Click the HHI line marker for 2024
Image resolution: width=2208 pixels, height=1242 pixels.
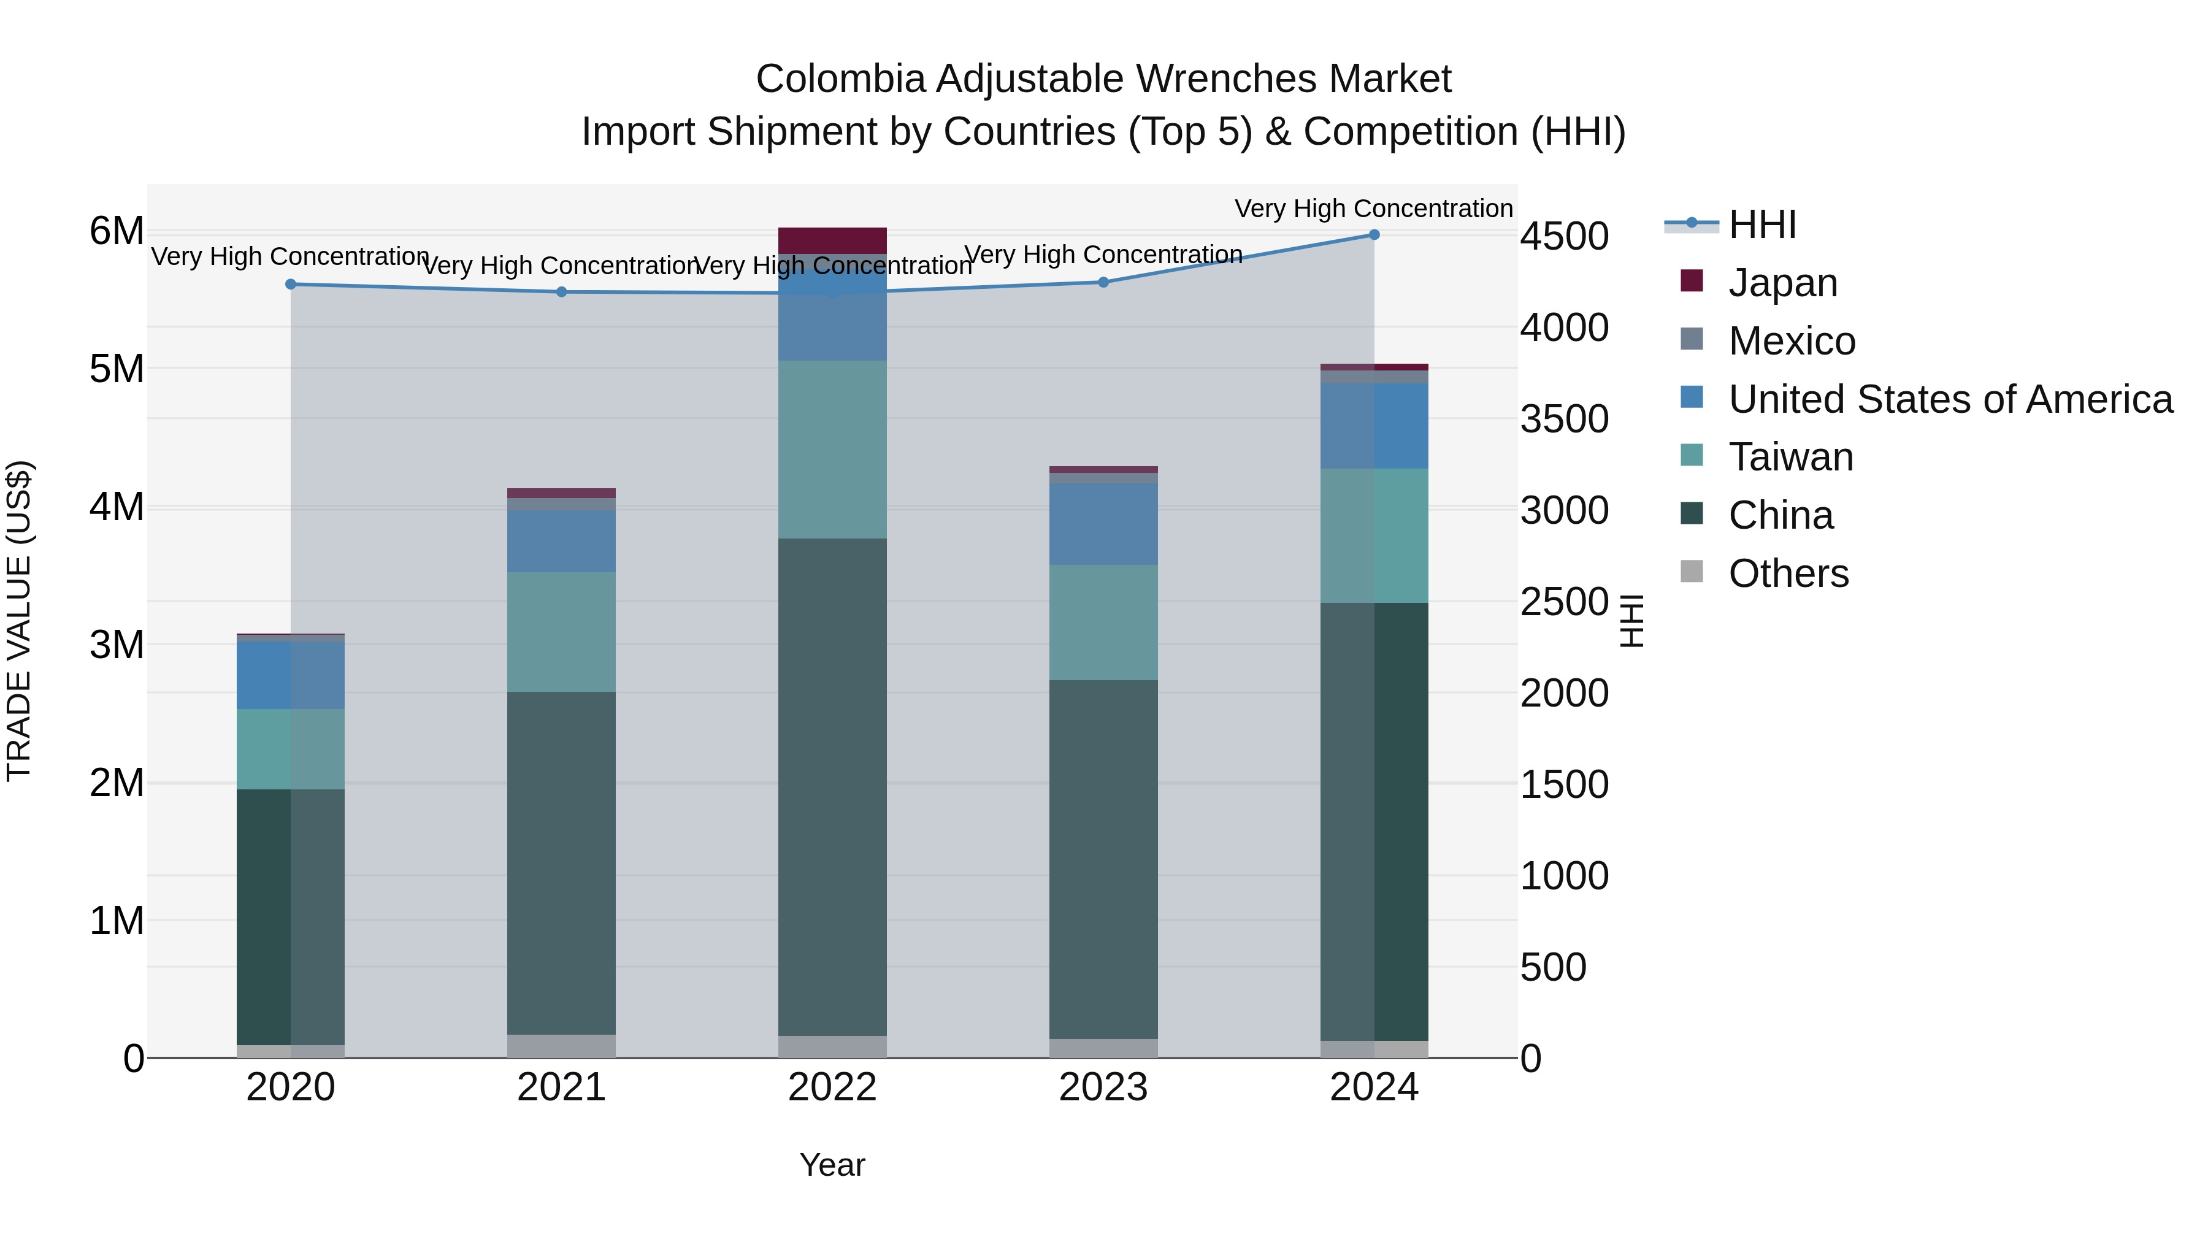(x=1374, y=235)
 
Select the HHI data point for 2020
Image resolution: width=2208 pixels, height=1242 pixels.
(x=291, y=285)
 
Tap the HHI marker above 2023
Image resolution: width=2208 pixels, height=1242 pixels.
(x=1103, y=282)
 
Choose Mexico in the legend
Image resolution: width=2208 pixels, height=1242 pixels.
(x=1792, y=341)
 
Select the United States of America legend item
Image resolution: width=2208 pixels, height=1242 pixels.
(x=1950, y=399)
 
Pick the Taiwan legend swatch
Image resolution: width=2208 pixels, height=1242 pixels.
(x=1692, y=455)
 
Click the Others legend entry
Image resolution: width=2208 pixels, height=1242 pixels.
(x=1788, y=573)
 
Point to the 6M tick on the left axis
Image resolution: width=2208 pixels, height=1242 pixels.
(x=117, y=231)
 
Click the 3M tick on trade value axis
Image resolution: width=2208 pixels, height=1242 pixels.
(x=117, y=645)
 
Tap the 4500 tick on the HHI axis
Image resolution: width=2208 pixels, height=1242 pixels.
(x=1564, y=237)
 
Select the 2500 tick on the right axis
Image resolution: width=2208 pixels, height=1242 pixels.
(x=1564, y=602)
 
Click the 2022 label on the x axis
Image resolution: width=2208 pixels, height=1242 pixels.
(x=832, y=1087)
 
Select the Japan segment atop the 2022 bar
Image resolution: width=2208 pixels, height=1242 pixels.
(x=832, y=240)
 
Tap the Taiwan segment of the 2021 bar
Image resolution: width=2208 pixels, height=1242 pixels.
(x=561, y=632)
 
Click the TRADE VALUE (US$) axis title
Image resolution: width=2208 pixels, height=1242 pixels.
(x=19, y=621)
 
